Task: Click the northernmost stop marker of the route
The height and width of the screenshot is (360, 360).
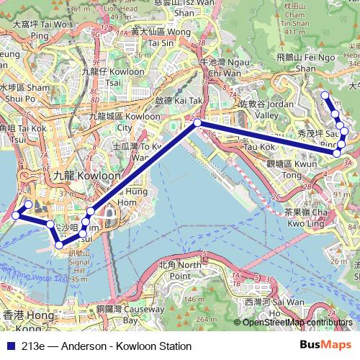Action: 325,95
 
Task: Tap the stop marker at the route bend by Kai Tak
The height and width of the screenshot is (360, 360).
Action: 197,124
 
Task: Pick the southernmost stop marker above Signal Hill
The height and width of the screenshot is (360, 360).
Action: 58,246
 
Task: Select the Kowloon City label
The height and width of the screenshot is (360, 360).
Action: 107,122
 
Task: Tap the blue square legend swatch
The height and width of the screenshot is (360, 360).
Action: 9,346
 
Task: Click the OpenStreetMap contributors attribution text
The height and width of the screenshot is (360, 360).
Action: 297,322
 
